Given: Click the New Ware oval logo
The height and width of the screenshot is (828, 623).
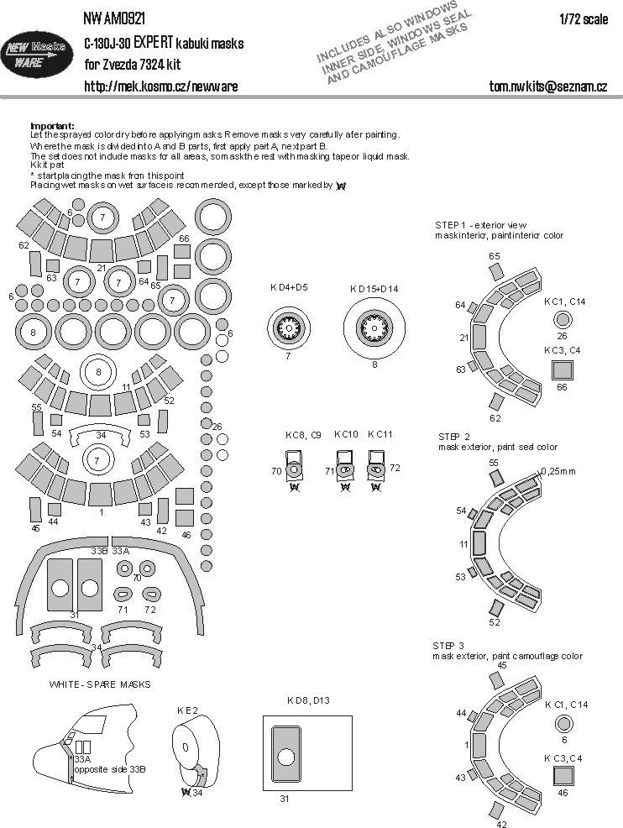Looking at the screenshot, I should (x=42, y=53).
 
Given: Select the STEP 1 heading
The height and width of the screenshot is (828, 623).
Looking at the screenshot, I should (x=452, y=225).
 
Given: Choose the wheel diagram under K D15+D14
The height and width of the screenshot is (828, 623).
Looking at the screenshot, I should (x=374, y=327).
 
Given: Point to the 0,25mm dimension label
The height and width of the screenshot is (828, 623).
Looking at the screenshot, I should (x=559, y=470).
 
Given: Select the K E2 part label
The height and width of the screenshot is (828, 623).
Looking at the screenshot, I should (x=187, y=710).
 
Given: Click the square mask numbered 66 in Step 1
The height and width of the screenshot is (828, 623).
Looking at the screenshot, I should (x=562, y=369).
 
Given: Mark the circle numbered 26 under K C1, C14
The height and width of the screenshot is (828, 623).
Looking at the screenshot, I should (x=563, y=318).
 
